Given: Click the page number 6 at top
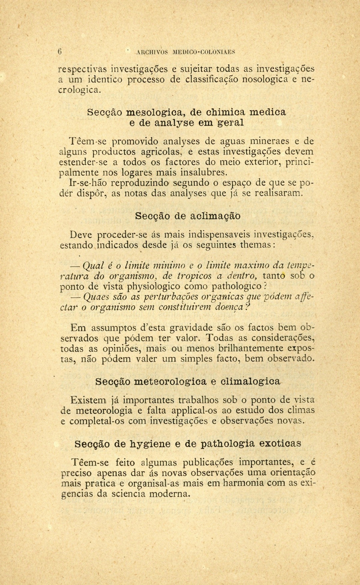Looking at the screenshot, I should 60,51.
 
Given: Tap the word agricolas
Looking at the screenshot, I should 154,152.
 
